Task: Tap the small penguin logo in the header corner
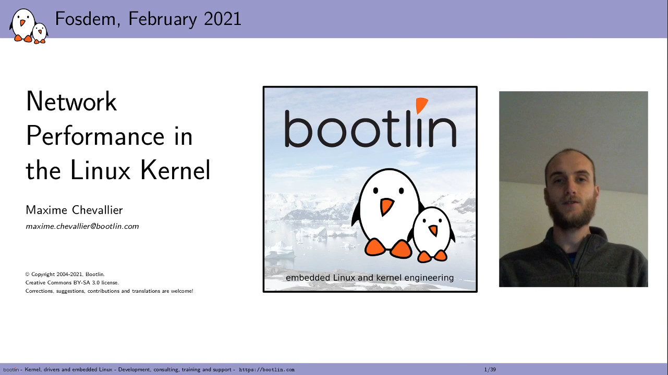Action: click(29, 26)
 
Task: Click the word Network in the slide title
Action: click(71, 101)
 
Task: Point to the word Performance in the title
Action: click(95, 136)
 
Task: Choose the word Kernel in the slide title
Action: click(175, 170)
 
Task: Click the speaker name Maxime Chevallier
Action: click(74, 210)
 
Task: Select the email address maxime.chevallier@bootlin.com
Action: click(82, 227)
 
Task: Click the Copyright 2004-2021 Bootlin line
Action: click(65, 274)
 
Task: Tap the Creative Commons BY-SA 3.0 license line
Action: click(72, 283)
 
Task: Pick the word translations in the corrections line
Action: click(146, 291)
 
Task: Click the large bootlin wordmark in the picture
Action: click(371, 125)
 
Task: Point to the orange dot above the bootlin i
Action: click(422, 105)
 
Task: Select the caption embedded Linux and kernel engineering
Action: click(370, 278)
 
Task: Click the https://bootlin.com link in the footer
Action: click(266, 370)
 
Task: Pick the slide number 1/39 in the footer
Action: click(490, 370)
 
